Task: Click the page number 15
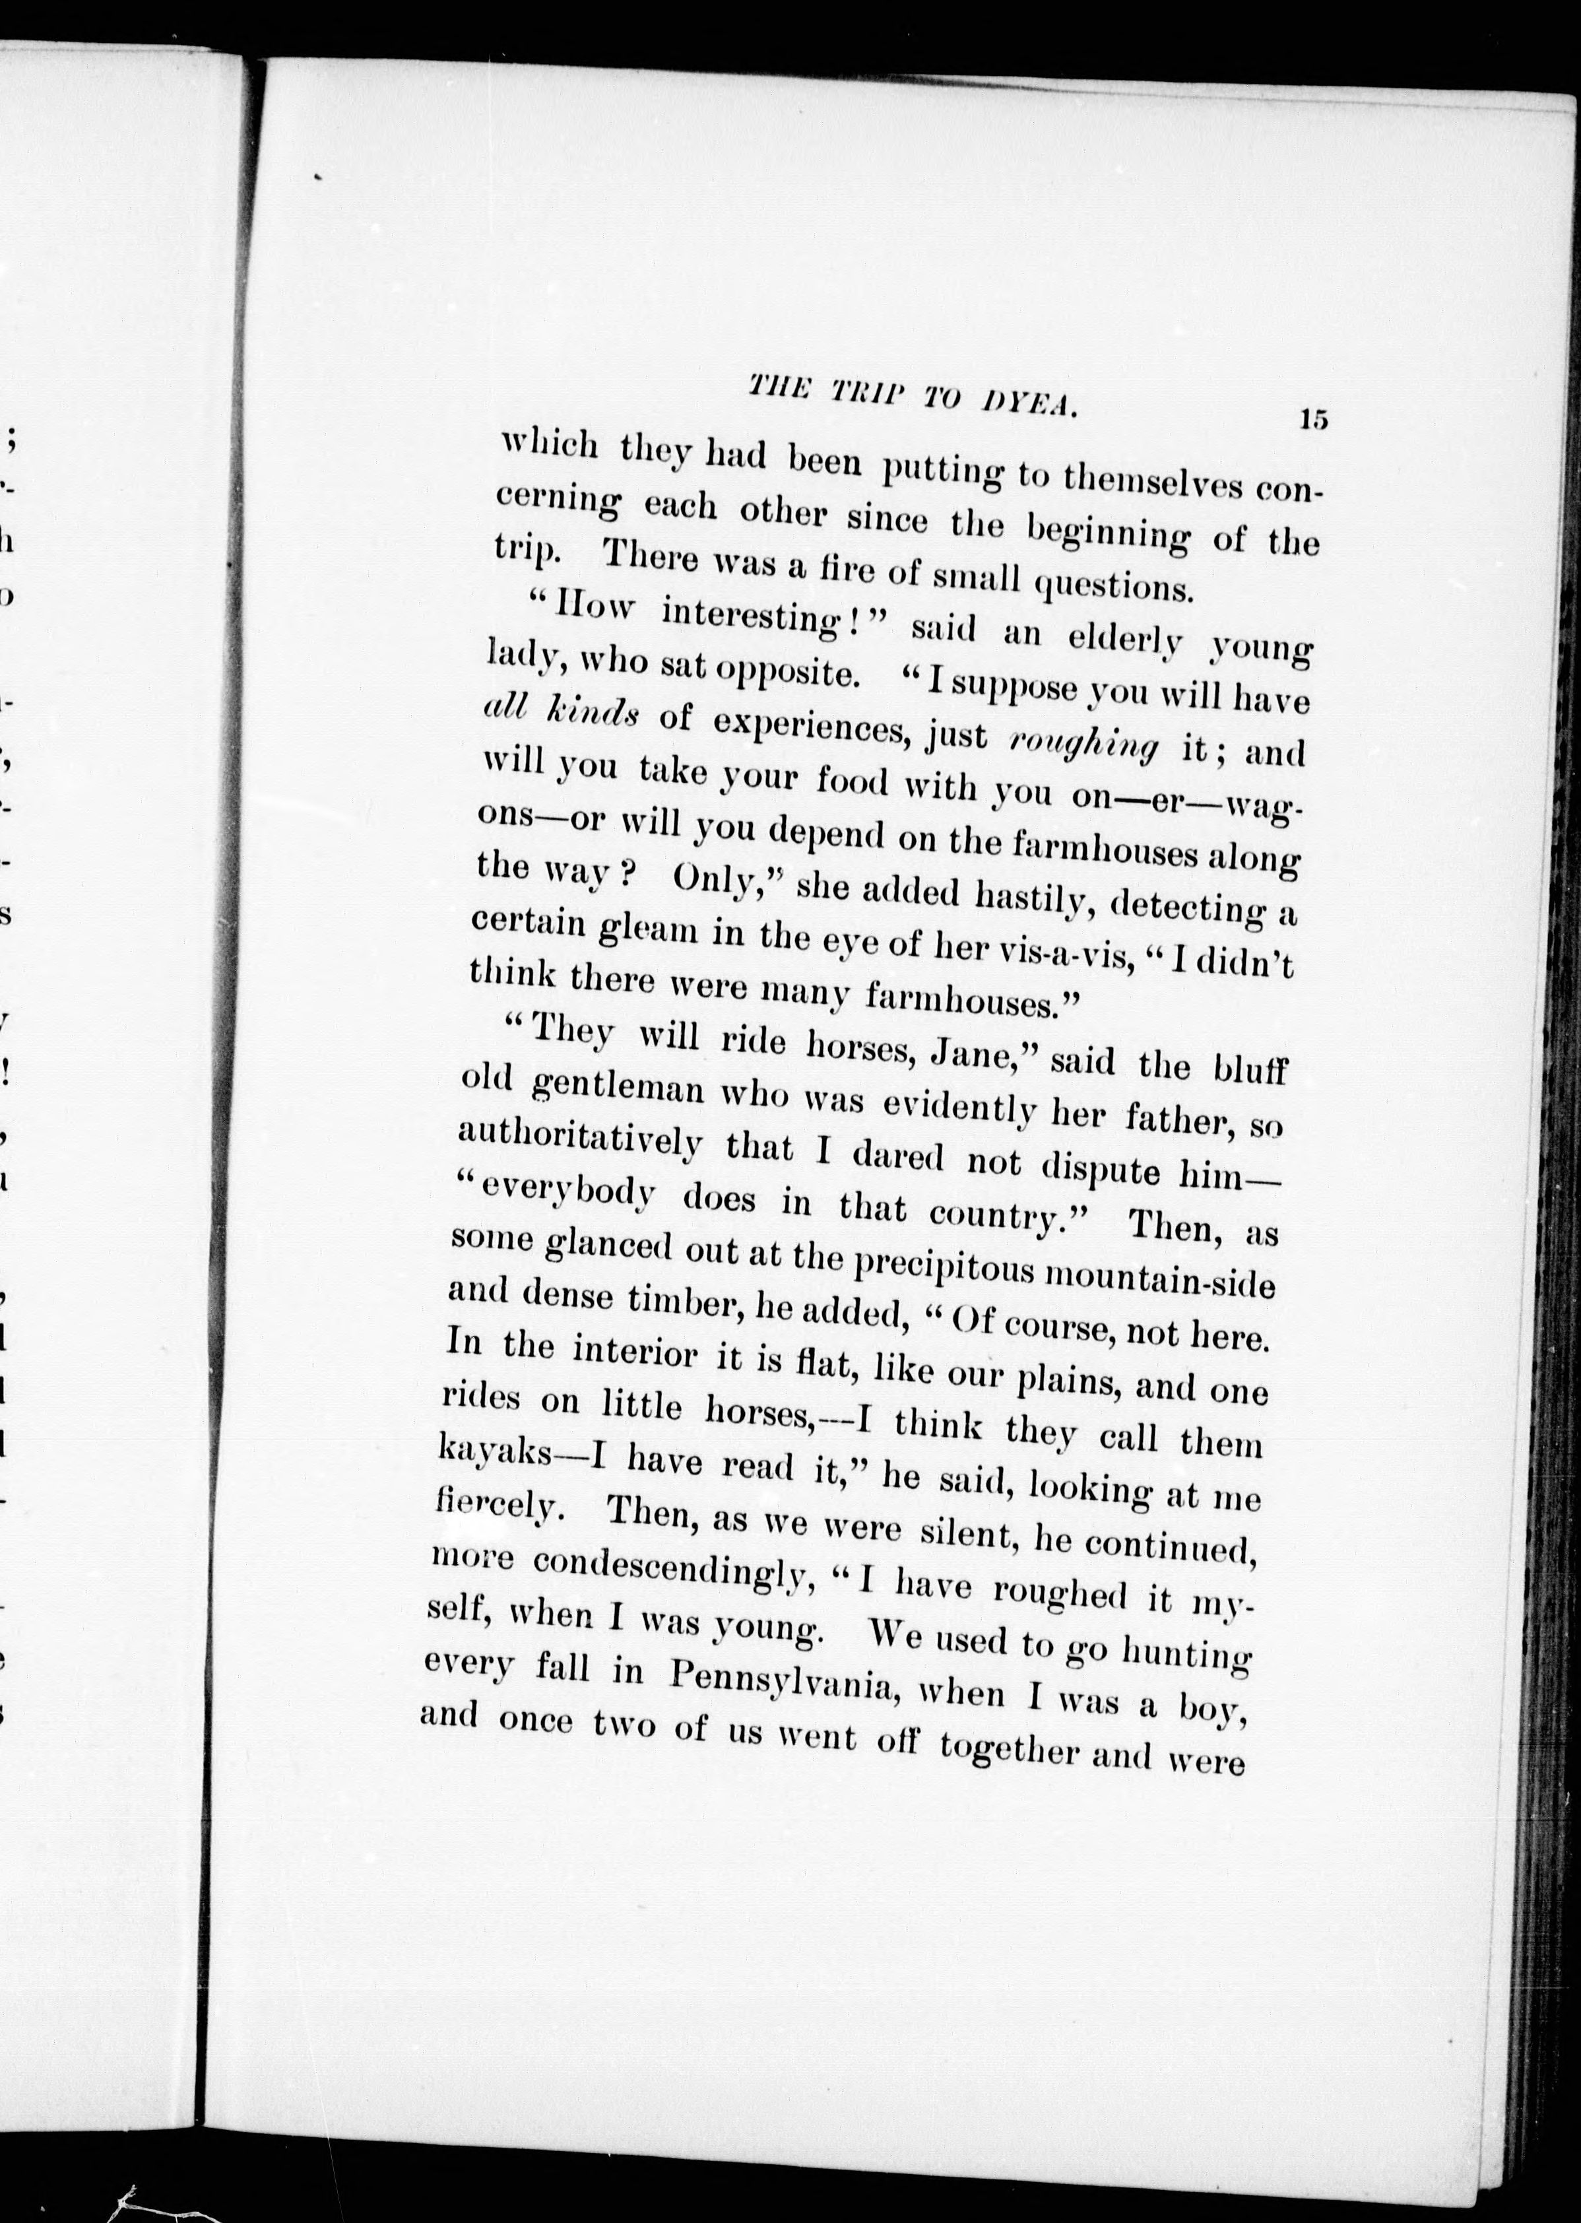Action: tap(1312, 420)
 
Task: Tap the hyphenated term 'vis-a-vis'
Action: tap(1066, 957)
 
